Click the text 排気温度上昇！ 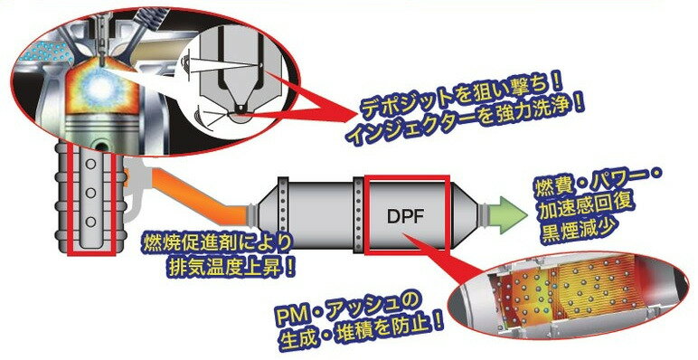pos(217,268)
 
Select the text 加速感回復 pos(578,209)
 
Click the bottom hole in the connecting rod pos(90,221)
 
